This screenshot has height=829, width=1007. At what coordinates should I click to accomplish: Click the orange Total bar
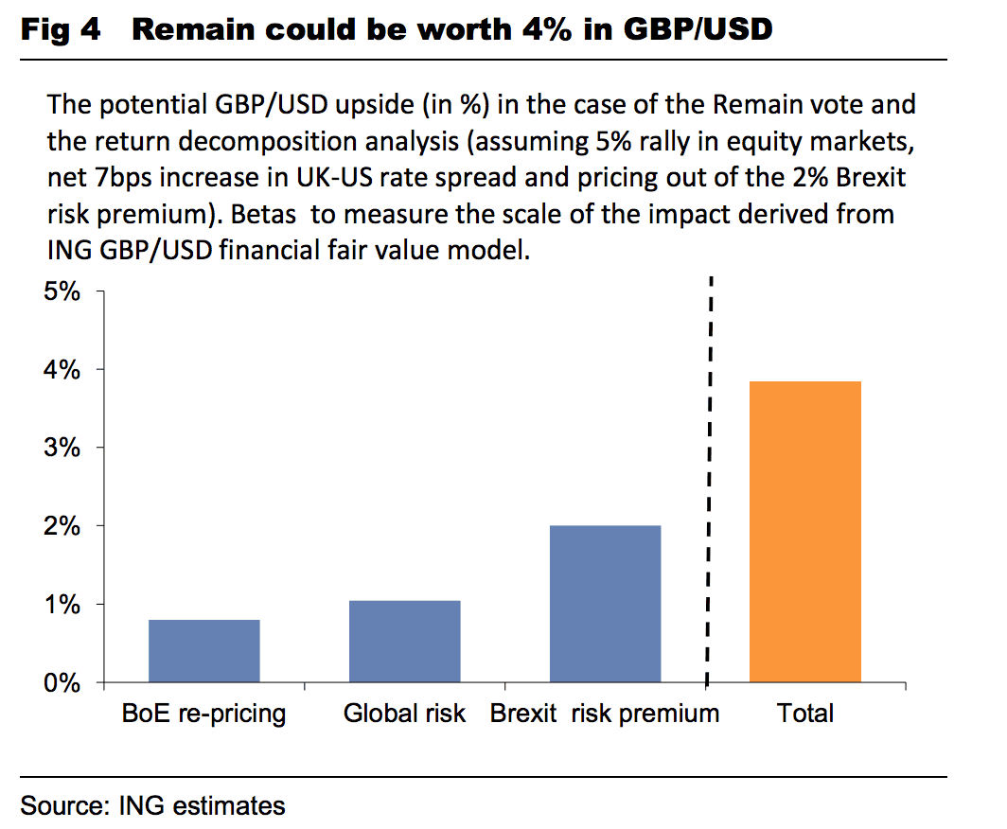tap(805, 531)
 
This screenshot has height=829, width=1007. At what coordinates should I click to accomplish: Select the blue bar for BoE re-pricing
tap(204, 650)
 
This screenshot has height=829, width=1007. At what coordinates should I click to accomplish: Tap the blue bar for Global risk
tap(404, 641)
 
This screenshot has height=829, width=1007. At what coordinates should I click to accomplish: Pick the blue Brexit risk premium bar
tap(605, 603)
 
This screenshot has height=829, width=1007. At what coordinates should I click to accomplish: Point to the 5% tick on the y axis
tap(62, 291)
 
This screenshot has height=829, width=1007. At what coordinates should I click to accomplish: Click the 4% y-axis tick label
tap(62, 369)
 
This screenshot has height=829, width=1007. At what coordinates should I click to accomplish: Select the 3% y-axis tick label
tap(62, 447)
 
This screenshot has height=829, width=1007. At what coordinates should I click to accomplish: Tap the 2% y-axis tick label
tap(62, 525)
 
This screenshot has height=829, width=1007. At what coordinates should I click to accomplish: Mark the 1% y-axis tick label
tap(62, 604)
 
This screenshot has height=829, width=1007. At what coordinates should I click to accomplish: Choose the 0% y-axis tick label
tap(62, 682)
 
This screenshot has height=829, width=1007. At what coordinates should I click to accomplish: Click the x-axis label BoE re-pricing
tap(204, 713)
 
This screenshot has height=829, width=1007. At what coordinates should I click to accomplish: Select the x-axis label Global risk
tap(404, 713)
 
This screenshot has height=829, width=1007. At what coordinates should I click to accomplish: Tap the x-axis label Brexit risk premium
tap(605, 713)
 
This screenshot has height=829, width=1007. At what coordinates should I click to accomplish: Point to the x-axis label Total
tap(805, 713)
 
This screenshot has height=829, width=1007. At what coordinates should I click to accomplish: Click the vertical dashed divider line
tap(710, 473)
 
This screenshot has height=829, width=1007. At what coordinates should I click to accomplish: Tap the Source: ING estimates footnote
tap(152, 805)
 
